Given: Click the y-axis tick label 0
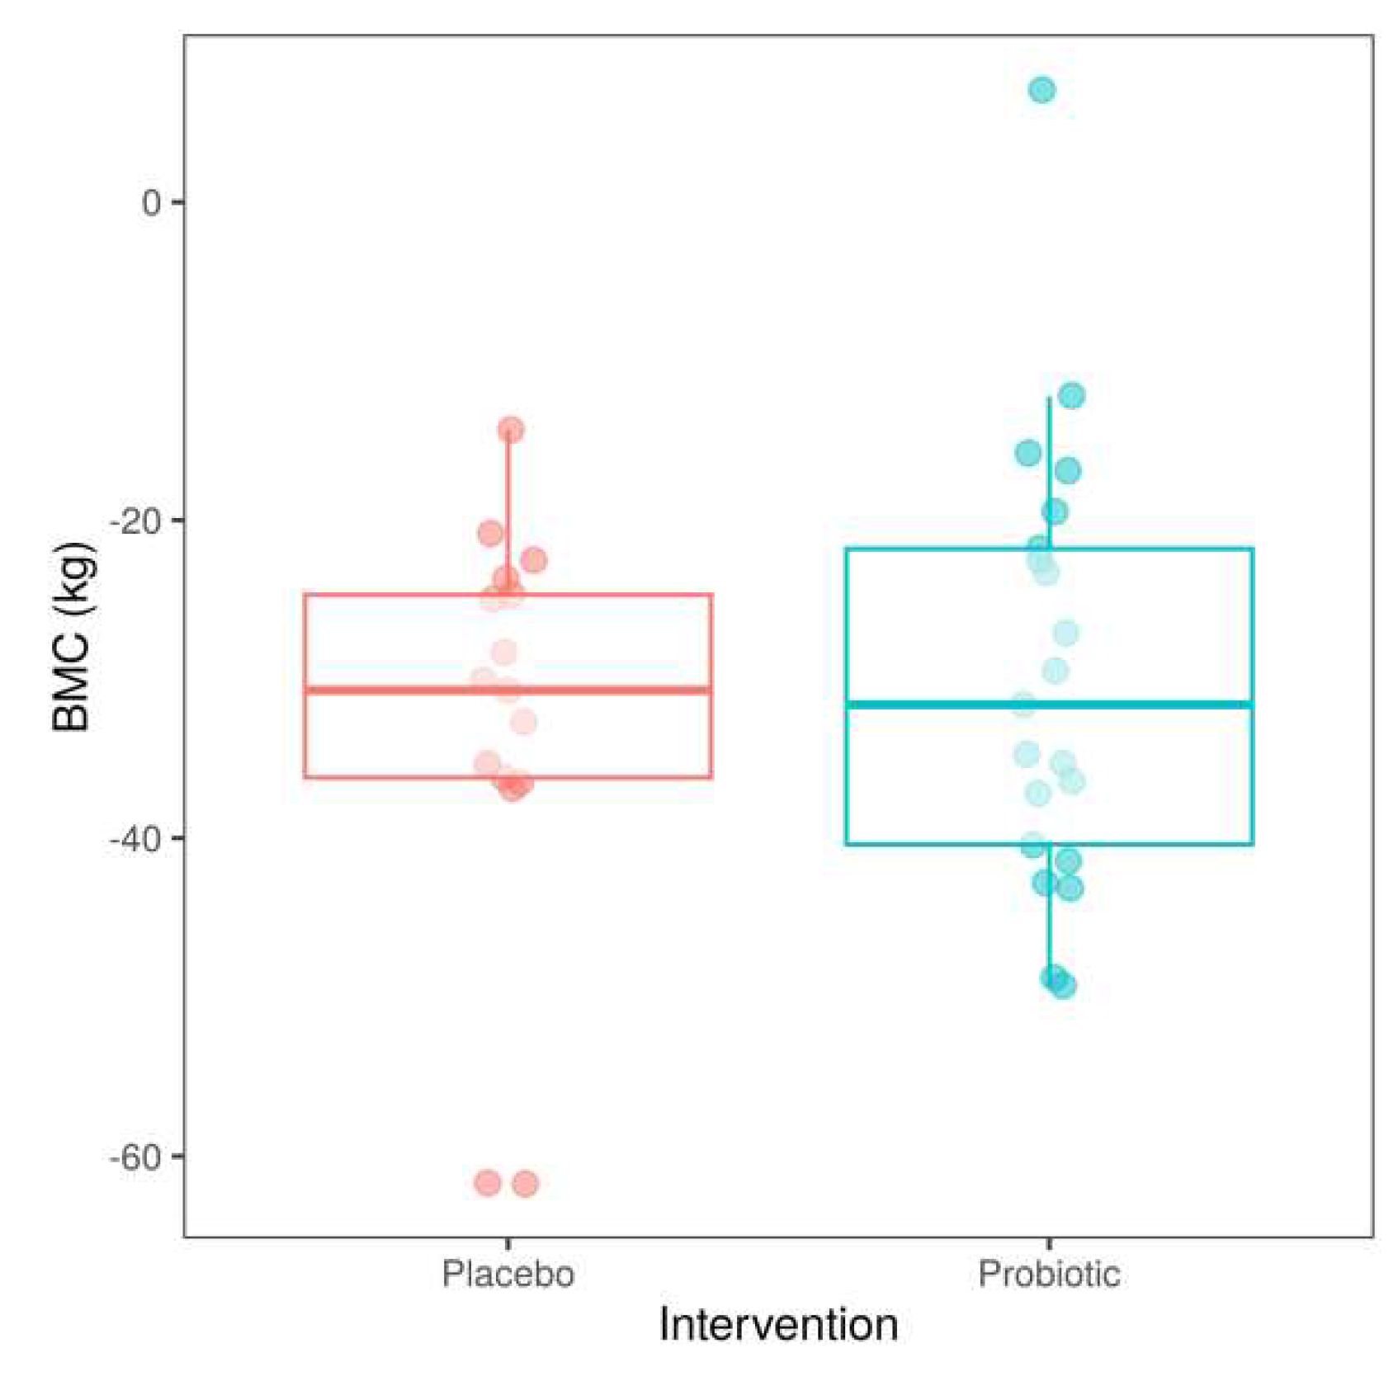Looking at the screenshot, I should pyautogui.click(x=151, y=202).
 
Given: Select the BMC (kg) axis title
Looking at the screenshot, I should pyautogui.click(x=73, y=636).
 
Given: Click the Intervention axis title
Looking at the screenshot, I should pyautogui.click(x=778, y=1326).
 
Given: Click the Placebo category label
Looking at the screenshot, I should pyautogui.click(x=508, y=1274).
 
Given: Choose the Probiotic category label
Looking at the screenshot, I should pyautogui.click(x=1049, y=1274).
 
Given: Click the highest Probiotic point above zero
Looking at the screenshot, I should pyautogui.click(x=1041, y=90).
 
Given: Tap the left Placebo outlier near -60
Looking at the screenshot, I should pyautogui.click(x=488, y=1183).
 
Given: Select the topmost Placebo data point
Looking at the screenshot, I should pyautogui.click(x=511, y=429).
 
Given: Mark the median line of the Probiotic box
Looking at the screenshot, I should pyautogui.click(x=1155, y=704).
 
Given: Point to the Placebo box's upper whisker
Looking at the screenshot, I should pyautogui.click(x=508, y=511).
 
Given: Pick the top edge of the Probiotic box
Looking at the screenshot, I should pyautogui.click(x=1155, y=549).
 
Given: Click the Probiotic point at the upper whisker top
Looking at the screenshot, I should pyautogui.click(x=1071, y=396).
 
